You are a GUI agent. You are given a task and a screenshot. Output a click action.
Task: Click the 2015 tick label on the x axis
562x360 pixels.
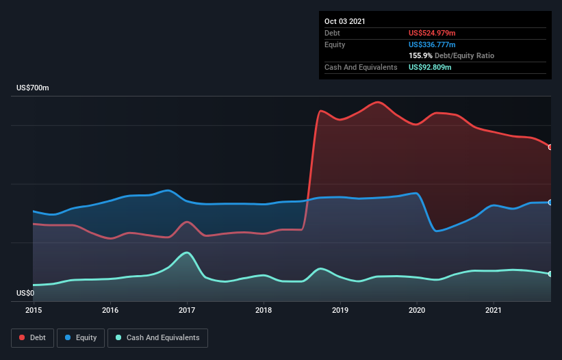(x=34, y=310)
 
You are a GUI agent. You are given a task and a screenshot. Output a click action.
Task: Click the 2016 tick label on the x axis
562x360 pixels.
(x=110, y=310)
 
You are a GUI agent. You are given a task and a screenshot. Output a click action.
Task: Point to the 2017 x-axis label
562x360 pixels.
(x=187, y=310)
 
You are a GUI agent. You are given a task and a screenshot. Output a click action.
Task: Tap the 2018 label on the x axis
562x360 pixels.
(x=264, y=310)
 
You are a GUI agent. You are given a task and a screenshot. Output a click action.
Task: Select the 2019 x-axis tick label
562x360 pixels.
(x=340, y=310)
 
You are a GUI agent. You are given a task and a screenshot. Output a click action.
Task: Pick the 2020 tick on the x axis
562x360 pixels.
(x=417, y=310)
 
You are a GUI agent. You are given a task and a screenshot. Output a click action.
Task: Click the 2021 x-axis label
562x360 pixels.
(x=494, y=310)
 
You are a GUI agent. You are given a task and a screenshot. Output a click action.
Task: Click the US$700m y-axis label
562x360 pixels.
(x=33, y=88)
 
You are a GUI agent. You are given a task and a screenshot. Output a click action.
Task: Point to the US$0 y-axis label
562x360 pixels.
(x=25, y=293)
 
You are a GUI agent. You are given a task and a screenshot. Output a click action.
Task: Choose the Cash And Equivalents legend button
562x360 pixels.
(x=157, y=337)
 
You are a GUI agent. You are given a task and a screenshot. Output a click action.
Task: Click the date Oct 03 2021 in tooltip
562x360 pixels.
(x=345, y=21)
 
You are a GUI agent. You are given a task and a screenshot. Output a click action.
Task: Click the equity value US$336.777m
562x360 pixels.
(x=432, y=44)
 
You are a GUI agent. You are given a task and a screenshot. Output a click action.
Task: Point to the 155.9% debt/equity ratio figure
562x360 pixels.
(x=420, y=55)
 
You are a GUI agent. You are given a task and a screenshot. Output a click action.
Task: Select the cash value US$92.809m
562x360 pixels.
(x=430, y=67)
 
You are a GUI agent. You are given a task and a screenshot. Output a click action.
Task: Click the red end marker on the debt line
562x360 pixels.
(x=550, y=147)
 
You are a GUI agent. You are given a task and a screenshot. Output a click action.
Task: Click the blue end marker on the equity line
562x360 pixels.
(x=550, y=203)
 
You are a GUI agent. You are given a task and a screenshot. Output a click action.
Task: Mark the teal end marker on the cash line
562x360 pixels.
(x=550, y=274)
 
